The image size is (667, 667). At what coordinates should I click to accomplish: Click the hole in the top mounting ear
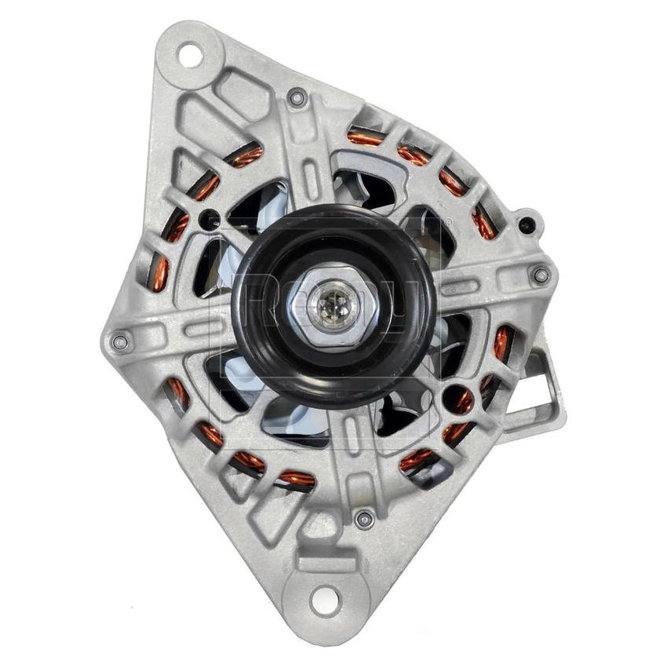coord(189,56)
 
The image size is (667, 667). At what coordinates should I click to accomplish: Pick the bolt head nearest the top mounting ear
coord(296,98)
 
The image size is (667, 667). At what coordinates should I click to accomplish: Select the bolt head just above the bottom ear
coord(362,519)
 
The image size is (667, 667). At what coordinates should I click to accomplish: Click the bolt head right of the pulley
coord(540,274)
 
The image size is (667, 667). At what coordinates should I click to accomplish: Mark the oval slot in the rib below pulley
coord(345,447)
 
